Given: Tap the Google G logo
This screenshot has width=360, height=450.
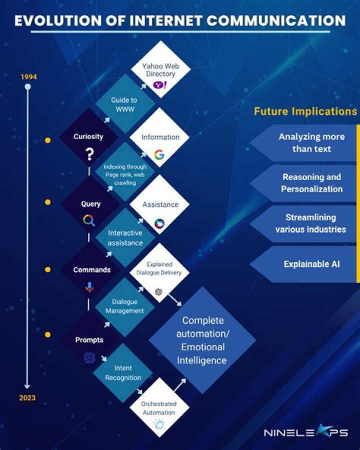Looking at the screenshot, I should (x=159, y=155).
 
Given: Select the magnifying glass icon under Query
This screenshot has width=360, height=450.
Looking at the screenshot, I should (x=89, y=220).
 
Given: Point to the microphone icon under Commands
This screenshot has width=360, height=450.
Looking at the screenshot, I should (x=89, y=287).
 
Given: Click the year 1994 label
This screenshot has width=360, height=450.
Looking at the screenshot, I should (x=28, y=77).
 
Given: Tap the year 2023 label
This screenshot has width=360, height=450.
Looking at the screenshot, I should (x=28, y=398).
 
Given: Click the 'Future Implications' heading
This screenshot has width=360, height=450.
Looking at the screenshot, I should (x=305, y=111).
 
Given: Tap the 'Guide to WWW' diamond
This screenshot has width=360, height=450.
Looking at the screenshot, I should (x=122, y=104).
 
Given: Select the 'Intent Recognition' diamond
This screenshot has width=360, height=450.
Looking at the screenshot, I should (x=122, y=373).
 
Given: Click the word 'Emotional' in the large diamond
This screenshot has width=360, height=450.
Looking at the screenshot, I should (x=203, y=347).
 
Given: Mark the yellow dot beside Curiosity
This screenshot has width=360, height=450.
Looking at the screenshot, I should (x=47, y=141).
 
